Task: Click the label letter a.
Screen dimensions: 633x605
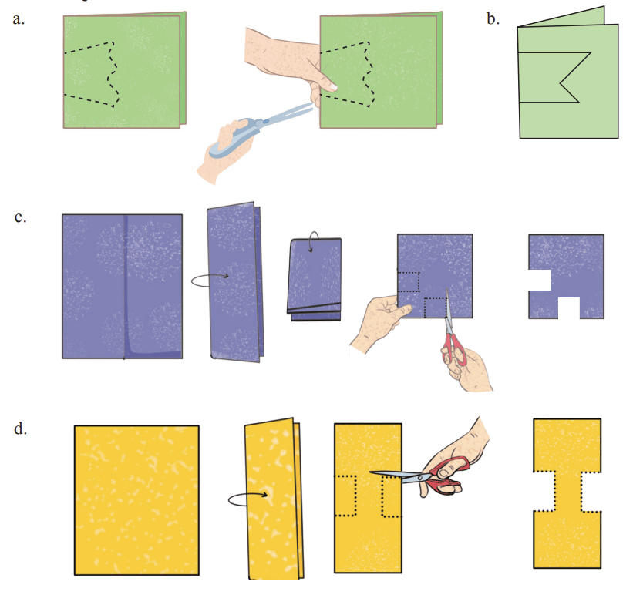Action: click(19, 19)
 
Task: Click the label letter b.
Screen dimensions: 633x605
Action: click(493, 18)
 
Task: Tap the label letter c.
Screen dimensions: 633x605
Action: click(20, 217)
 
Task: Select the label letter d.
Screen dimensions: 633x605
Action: click(20, 429)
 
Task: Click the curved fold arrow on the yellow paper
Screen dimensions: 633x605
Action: click(247, 499)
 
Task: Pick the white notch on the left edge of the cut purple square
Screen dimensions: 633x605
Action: click(540, 280)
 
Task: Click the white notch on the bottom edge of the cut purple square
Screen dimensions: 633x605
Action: click(569, 308)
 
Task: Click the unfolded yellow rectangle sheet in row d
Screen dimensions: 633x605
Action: click(136, 500)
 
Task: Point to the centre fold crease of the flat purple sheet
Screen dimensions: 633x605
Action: click(124, 287)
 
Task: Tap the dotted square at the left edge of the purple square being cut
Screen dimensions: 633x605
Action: click(409, 282)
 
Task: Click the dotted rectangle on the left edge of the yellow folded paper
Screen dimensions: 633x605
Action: click(346, 496)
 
